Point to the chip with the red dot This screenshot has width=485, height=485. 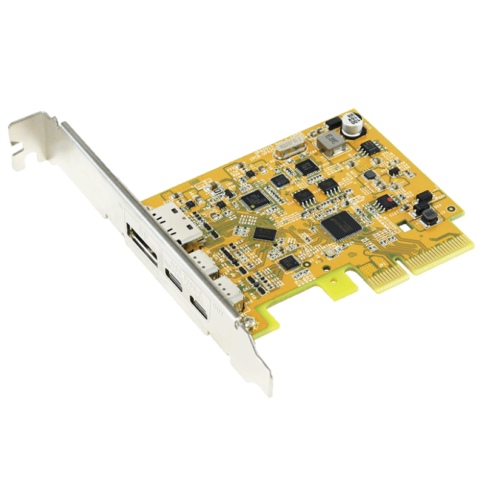384,201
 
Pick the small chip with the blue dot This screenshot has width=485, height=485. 279,179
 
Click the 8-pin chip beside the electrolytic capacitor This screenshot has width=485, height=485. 370,148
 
